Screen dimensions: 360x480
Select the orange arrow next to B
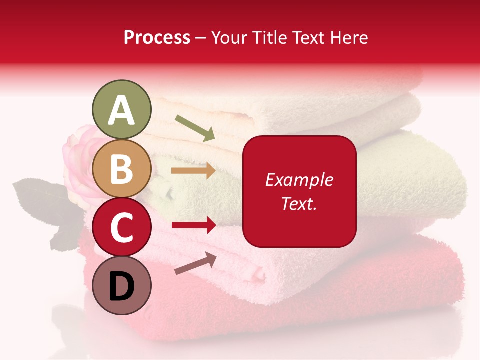point(193,171)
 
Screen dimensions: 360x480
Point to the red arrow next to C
point(193,225)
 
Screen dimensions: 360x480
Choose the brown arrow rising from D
point(195,263)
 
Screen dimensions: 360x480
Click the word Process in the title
point(157,37)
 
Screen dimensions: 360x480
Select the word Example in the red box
point(299,180)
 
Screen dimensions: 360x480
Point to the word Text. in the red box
point(299,203)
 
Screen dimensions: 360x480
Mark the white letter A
point(121,110)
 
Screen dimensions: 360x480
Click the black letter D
point(121,286)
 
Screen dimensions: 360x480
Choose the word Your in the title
point(229,37)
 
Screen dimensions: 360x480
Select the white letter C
point(121,228)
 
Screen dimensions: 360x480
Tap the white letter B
point(121,169)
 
